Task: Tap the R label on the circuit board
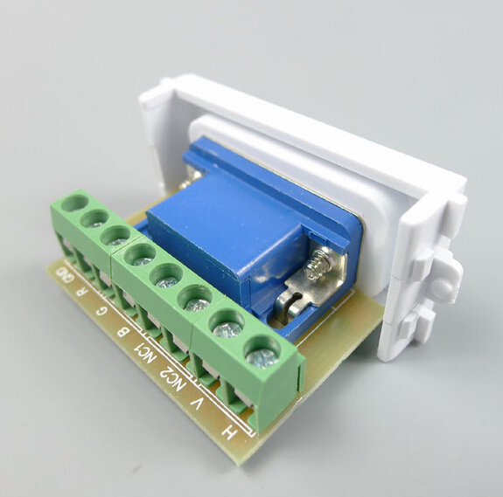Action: point(82,292)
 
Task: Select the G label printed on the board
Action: point(101,310)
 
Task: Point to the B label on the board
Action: point(122,330)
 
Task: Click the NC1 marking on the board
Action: point(144,352)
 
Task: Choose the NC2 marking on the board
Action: point(173,379)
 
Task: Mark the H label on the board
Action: point(229,432)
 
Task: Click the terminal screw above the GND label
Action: point(74,203)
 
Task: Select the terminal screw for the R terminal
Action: point(94,219)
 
